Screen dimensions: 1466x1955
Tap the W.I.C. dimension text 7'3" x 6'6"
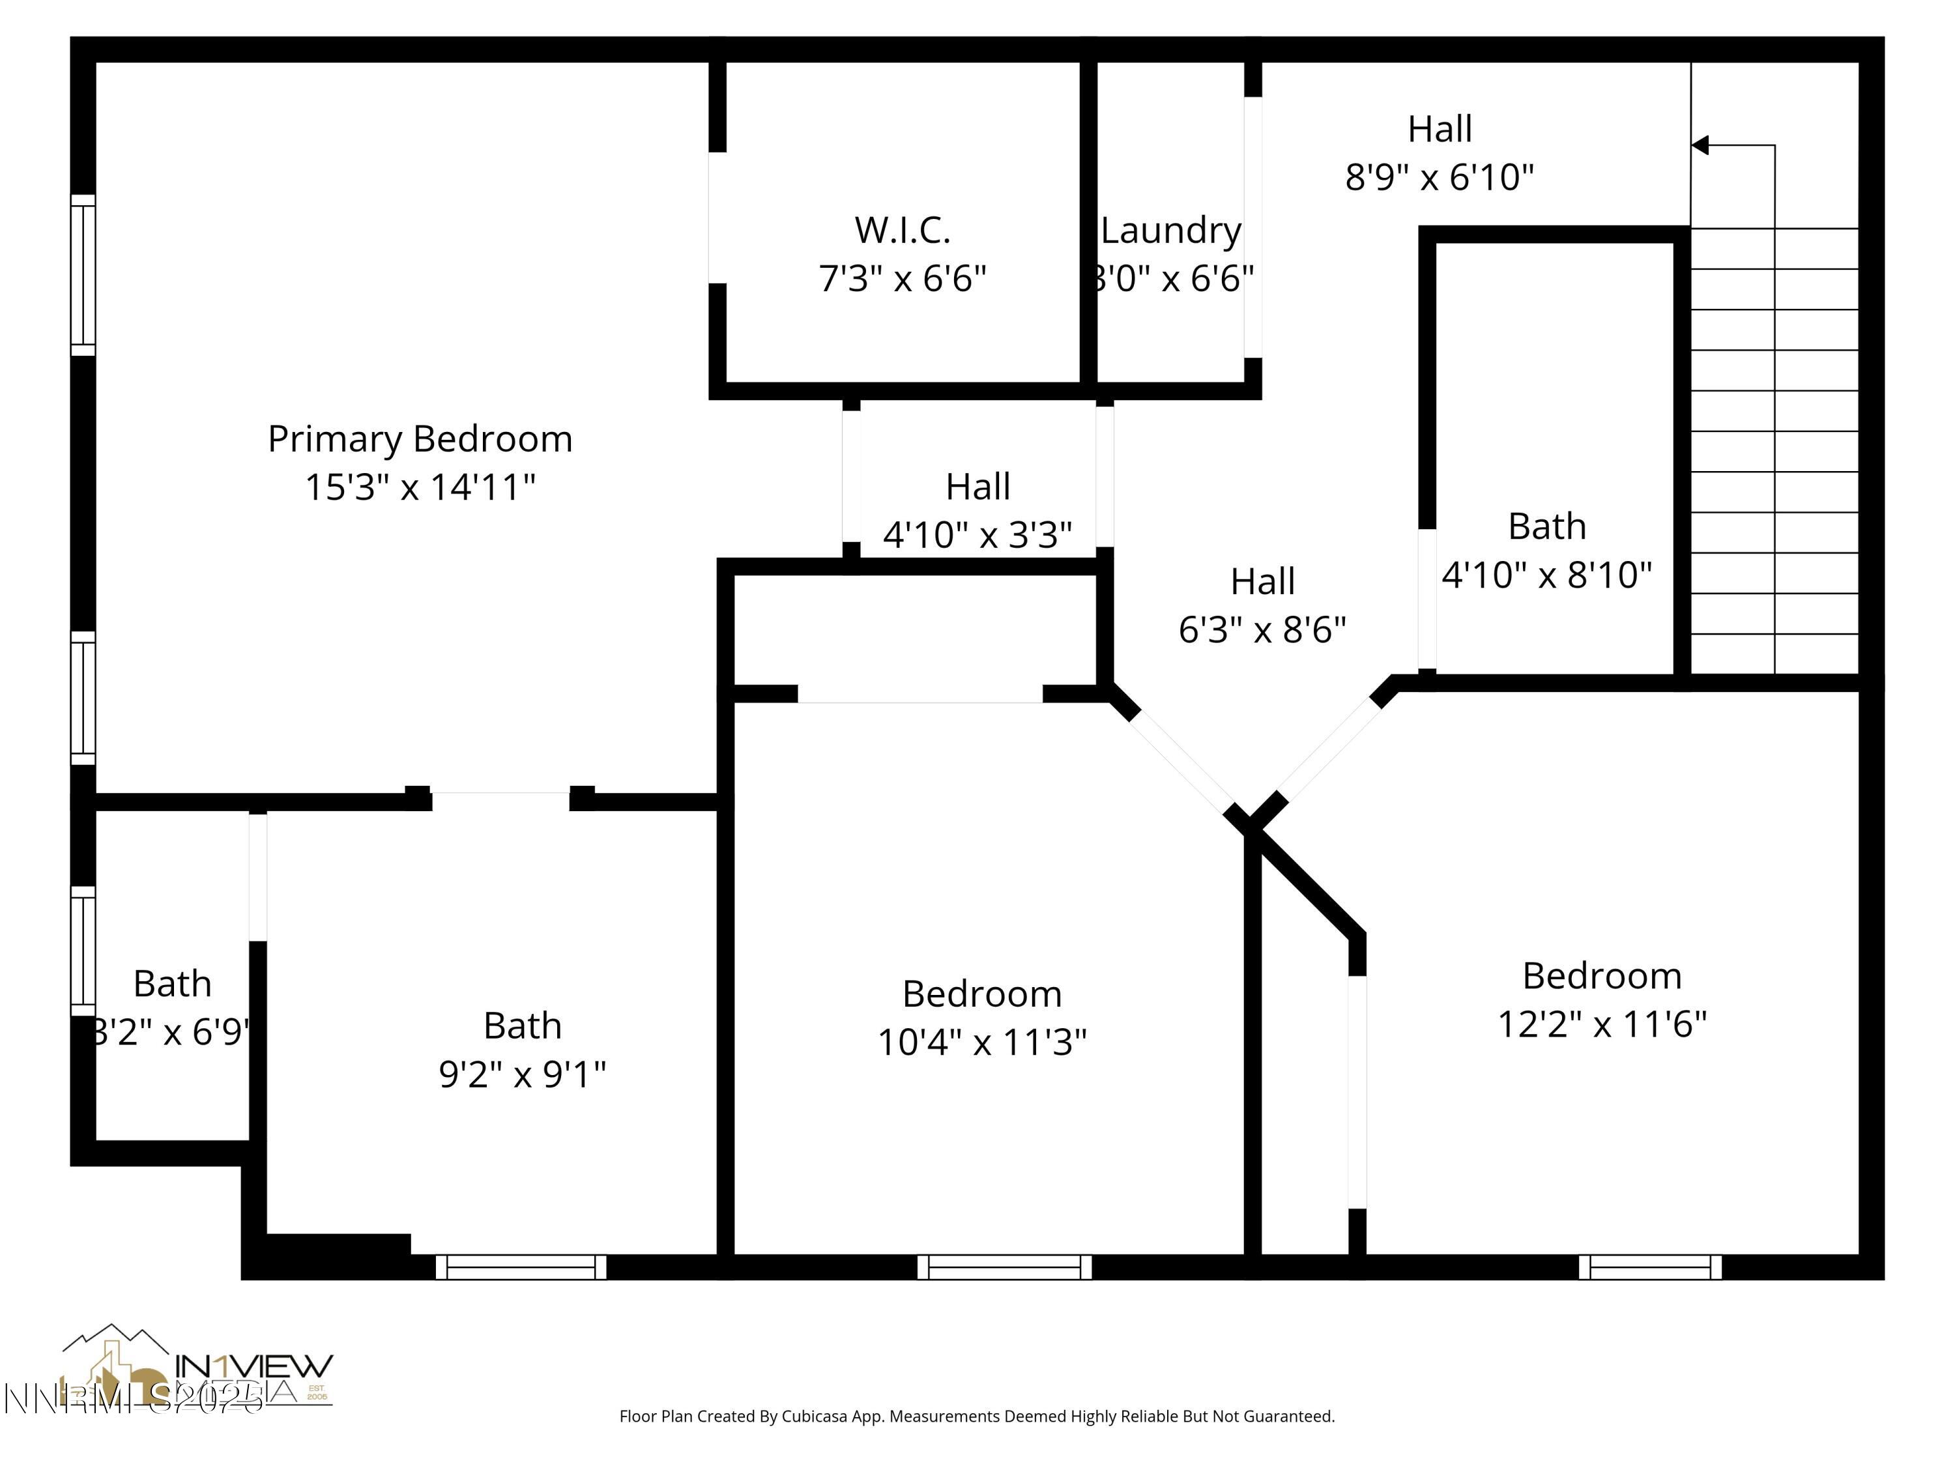tap(903, 278)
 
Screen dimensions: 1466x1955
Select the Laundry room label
tap(1171, 231)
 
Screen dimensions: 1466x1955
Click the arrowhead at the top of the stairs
tap(1700, 145)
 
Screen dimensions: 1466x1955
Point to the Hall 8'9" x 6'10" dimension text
tap(1439, 178)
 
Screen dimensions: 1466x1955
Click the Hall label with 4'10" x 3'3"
tap(977, 487)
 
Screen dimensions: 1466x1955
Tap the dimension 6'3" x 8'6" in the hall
tap(1262, 630)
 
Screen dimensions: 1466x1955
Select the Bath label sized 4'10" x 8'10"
tap(1546, 526)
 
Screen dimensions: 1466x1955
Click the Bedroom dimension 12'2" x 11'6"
tap(1602, 1025)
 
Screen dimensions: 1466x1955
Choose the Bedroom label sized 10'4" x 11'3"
tap(982, 994)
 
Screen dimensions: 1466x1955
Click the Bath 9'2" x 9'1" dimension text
tap(523, 1074)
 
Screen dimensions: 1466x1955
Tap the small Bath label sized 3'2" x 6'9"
tap(172, 983)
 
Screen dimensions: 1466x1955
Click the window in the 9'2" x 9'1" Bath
tap(521, 1267)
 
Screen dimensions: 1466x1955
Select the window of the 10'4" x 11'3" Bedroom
tap(1004, 1267)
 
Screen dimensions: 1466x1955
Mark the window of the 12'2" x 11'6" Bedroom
tap(1650, 1267)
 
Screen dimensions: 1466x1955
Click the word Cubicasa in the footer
tap(814, 1416)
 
